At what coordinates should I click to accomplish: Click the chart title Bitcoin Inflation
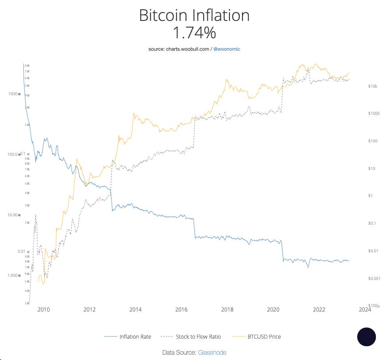coord(194,16)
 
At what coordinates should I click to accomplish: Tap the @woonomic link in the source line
coord(227,49)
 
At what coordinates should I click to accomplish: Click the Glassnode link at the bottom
coord(212,352)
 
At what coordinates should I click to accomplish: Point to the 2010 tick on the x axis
coord(43,309)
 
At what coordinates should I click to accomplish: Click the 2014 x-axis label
coord(136,309)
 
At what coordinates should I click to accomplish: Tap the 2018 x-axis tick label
coord(227,309)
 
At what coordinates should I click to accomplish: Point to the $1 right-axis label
coord(370,196)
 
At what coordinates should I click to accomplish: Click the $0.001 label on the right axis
coord(374,279)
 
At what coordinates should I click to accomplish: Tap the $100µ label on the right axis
coord(373,306)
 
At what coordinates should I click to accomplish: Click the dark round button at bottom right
coord(367,337)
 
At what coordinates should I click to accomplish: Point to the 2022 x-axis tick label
coord(319,309)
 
